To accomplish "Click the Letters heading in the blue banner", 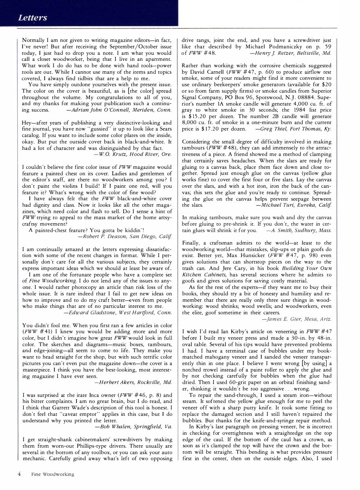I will (32, 18).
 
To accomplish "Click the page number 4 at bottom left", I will (19, 474).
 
